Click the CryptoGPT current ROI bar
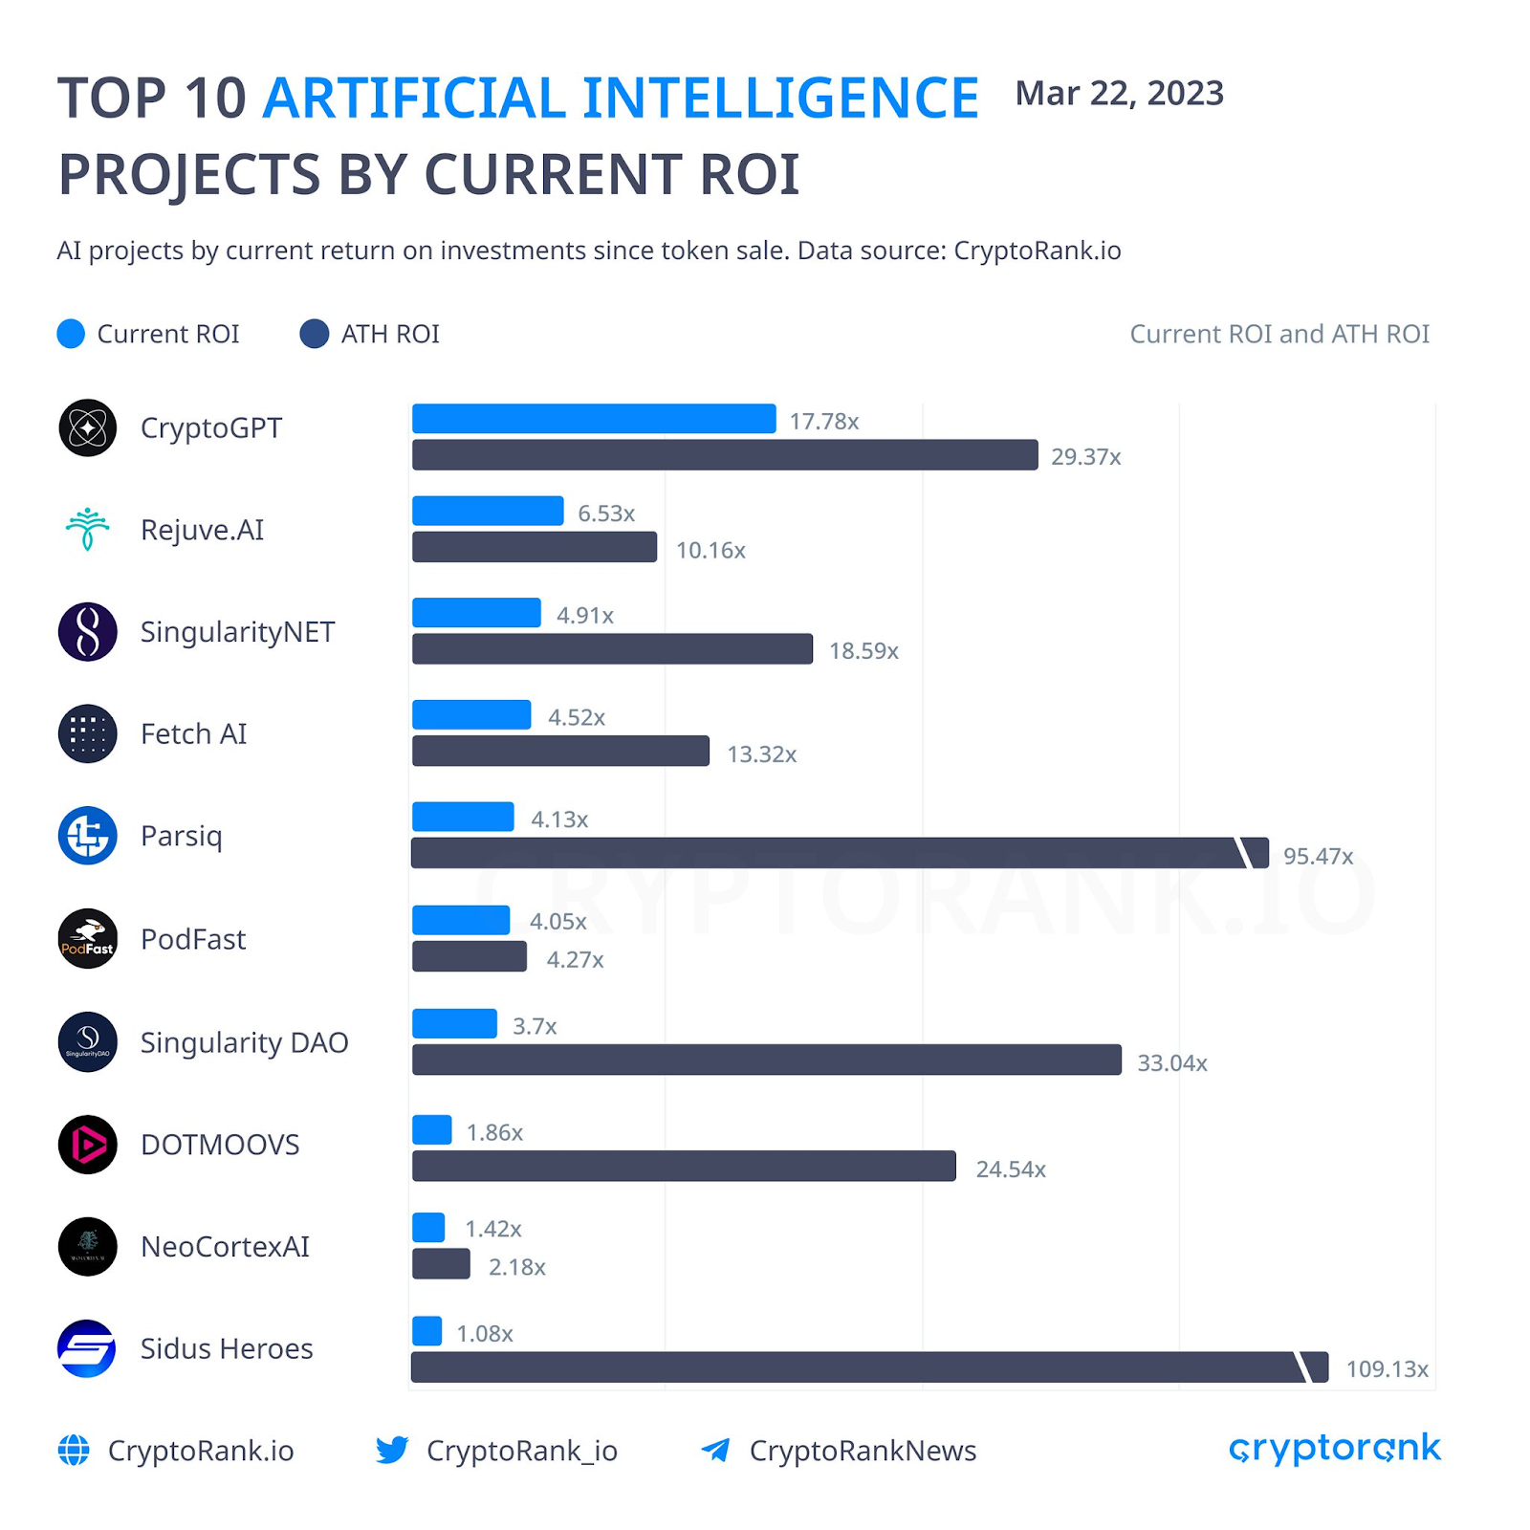coord(593,419)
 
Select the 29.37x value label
coord(1085,457)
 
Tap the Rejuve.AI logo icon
coord(87,529)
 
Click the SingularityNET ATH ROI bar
coord(612,649)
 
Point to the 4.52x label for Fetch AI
coord(576,717)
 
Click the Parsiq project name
coord(181,836)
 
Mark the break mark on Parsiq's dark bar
coord(1245,853)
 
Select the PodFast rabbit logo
coord(87,938)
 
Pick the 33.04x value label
coord(1171,1063)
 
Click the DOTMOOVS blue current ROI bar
coord(431,1130)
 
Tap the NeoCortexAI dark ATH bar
coord(441,1264)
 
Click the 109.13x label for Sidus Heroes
coord(1387,1369)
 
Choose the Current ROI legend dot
coord(71,334)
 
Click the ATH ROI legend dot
coord(314,334)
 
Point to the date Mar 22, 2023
coord(1119,94)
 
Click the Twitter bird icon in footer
coord(392,1450)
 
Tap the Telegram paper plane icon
coord(715,1450)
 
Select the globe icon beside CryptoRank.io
coord(74,1450)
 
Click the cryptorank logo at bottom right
coord(1334,1449)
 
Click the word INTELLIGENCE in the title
coord(780,98)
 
